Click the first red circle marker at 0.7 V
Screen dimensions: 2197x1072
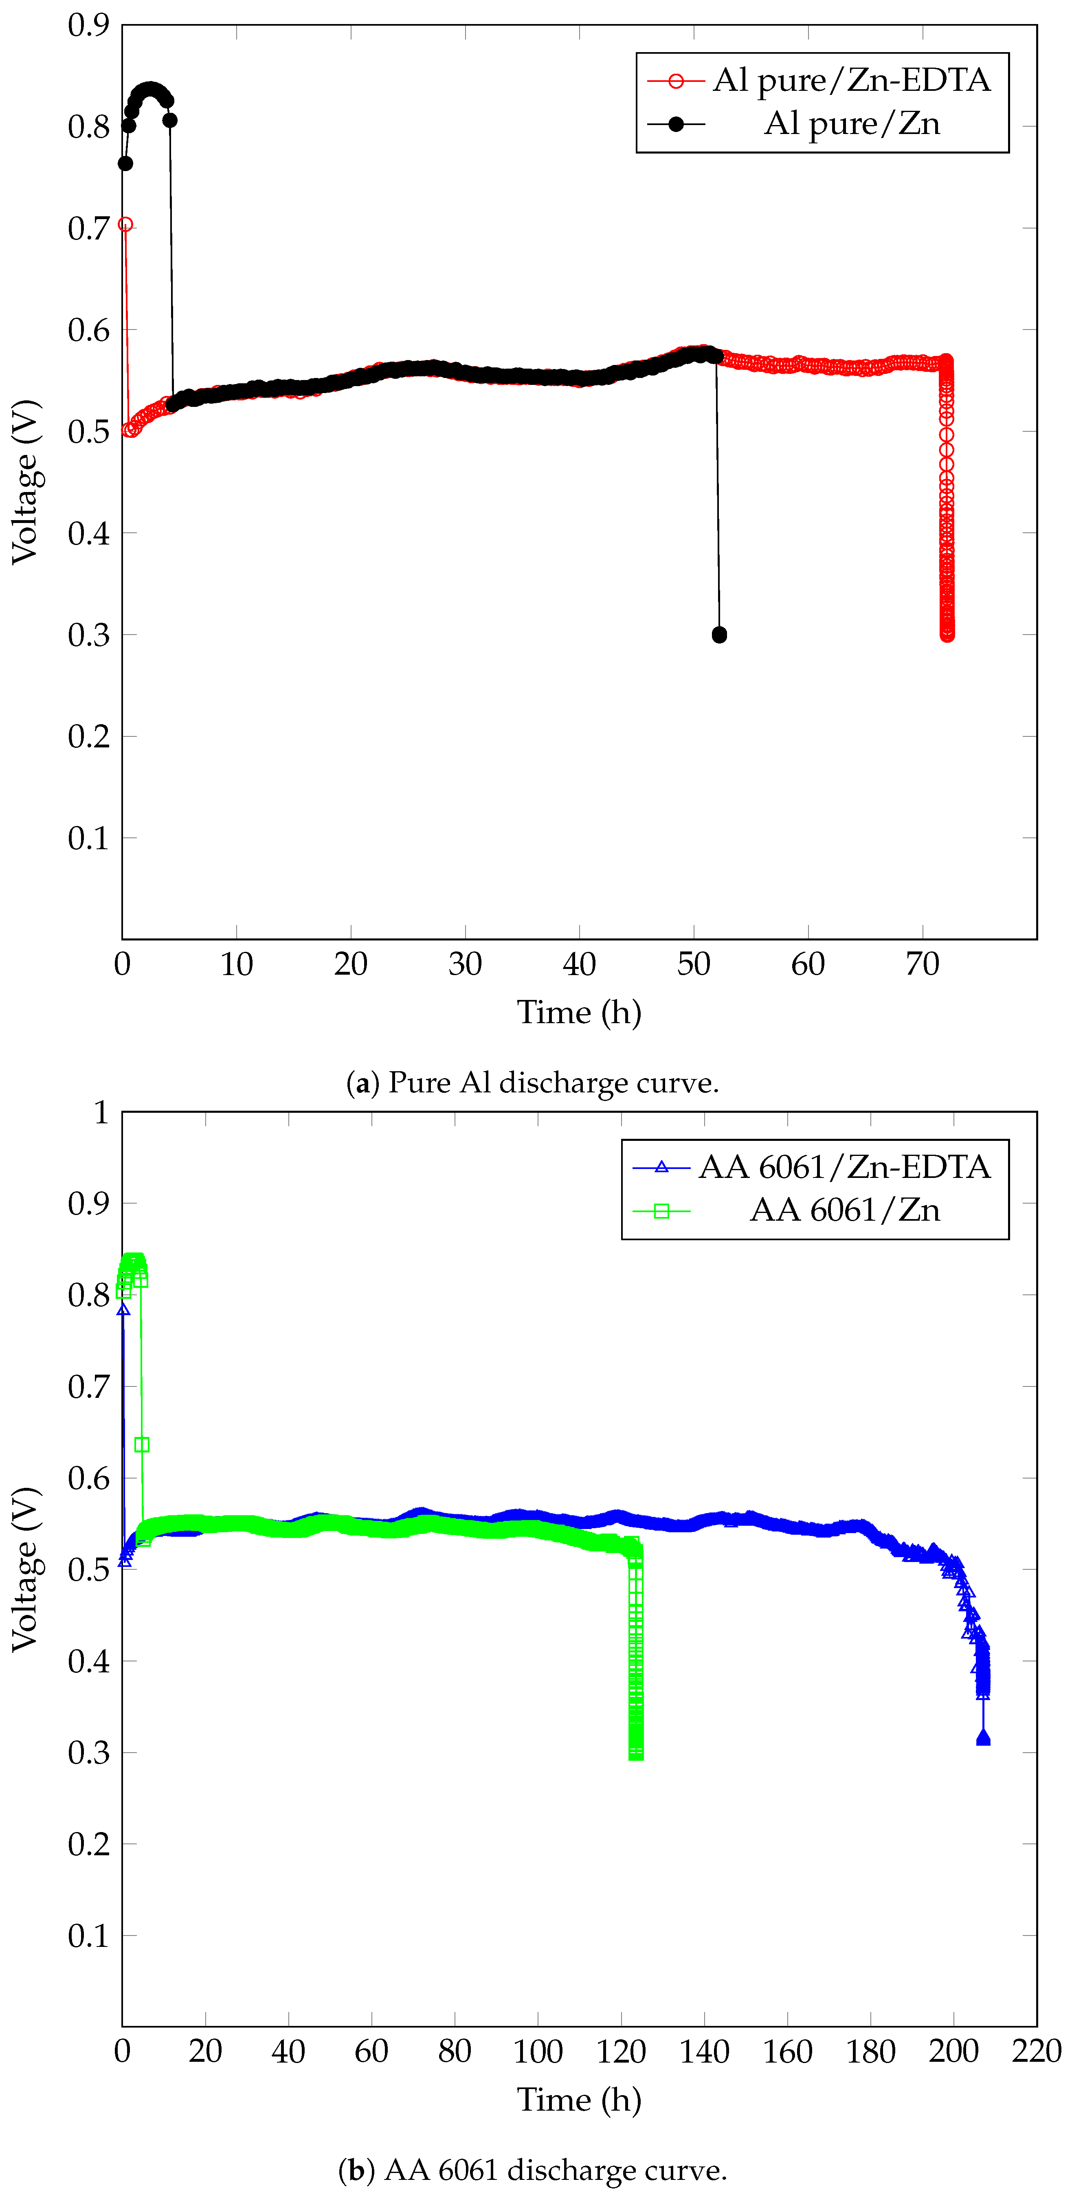(125, 224)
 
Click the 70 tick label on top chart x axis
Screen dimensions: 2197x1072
(922, 964)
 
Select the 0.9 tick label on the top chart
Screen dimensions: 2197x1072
(89, 26)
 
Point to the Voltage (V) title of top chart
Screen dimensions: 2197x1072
(26, 482)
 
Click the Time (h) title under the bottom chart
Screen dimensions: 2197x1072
(579, 2100)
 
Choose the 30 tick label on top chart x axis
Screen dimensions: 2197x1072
(465, 964)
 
